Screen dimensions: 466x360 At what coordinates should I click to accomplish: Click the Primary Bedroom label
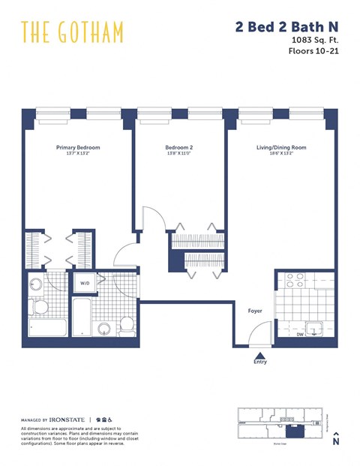pos(78,148)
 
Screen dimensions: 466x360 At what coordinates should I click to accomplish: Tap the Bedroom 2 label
pos(179,148)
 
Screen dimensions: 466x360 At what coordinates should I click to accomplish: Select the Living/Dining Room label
pos(277,148)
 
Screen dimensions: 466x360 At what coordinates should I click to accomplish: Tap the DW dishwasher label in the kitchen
pos(300,335)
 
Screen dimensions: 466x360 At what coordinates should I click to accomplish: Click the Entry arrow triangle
pos(259,355)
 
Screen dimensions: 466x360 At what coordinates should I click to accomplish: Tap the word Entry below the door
pos(259,363)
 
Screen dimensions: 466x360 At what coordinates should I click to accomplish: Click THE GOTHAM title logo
pos(72,32)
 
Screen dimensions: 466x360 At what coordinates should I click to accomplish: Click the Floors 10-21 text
pos(313,52)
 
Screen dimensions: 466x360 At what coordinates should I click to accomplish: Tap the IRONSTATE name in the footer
pos(69,419)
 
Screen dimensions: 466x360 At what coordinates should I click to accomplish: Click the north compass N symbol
pos(336,440)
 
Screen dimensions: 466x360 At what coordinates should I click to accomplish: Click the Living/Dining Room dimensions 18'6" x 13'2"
pos(277,154)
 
